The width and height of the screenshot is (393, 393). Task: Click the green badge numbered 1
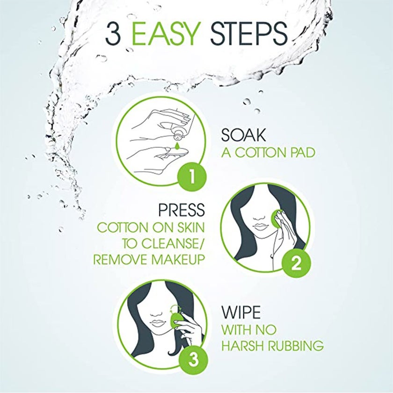tap(191, 178)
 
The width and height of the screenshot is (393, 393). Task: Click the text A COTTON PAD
tap(268, 153)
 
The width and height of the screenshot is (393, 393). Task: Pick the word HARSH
tap(241, 346)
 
